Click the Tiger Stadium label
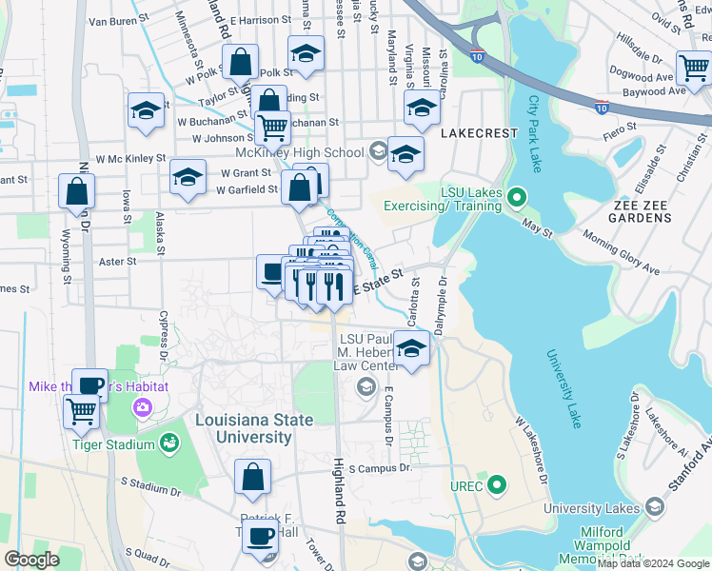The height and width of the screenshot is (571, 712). (x=118, y=444)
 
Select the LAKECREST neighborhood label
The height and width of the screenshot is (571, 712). (x=479, y=134)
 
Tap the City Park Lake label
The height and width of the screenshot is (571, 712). (x=535, y=133)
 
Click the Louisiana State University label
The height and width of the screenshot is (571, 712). (x=243, y=428)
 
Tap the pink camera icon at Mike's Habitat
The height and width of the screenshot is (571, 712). (x=142, y=407)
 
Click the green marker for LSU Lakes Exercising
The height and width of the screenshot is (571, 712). (x=516, y=198)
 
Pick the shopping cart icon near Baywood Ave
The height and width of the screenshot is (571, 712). (x=693, y=68)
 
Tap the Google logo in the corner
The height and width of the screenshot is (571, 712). (x=32, y=560)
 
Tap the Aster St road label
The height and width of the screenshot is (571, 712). (x=118, y=260)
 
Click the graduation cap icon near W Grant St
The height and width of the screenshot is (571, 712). (x=188, y=176)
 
